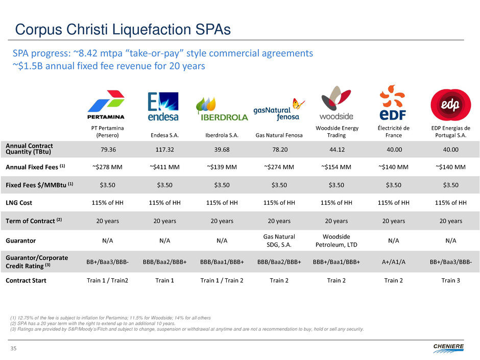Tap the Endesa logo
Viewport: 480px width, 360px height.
tap(163, 107)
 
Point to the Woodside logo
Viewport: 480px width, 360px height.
tap(337, 103)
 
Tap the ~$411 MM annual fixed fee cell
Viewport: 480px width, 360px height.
tap(164, 166)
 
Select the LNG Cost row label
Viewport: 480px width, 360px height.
tap(19, 203)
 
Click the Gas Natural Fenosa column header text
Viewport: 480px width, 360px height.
tap(278, 135)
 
